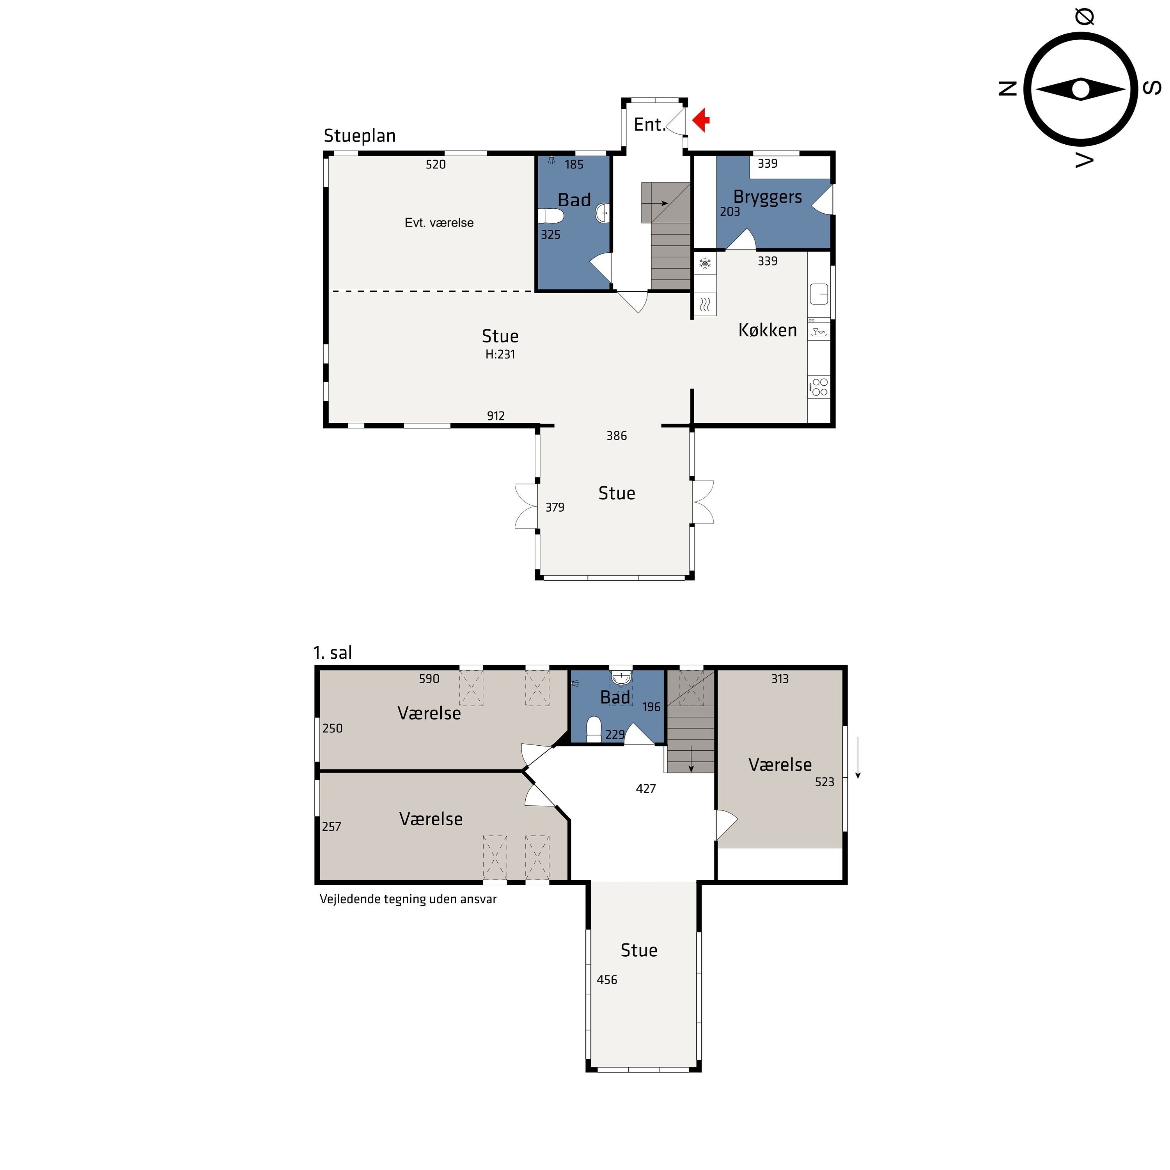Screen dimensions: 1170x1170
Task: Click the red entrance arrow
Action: (x=701, y=120)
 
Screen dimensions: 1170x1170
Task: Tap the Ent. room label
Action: (x=649, y=125)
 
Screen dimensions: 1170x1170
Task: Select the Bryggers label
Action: (x=767, y=197)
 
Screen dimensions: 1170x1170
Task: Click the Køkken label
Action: (x=767, y=330)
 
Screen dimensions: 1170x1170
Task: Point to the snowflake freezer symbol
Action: (x=705, y=263)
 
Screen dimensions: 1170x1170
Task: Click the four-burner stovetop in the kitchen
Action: (x=819, y=387)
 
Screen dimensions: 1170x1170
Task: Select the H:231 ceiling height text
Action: (x=500, y=354)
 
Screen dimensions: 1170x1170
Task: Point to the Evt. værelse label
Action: (x=439, y=223)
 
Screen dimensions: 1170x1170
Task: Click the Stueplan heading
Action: (x=359, y=136)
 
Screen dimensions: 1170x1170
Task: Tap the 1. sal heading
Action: (x=332, y=653)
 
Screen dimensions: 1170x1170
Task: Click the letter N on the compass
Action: (x=1007, y=89)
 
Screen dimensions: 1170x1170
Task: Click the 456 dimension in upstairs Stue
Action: (x=607, y=980)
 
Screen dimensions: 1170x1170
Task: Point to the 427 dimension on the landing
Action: (x=645, y=789)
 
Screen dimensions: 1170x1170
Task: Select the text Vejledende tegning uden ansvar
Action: (x=408, y=899)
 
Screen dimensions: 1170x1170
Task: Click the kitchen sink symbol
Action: (x=819, y=294)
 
